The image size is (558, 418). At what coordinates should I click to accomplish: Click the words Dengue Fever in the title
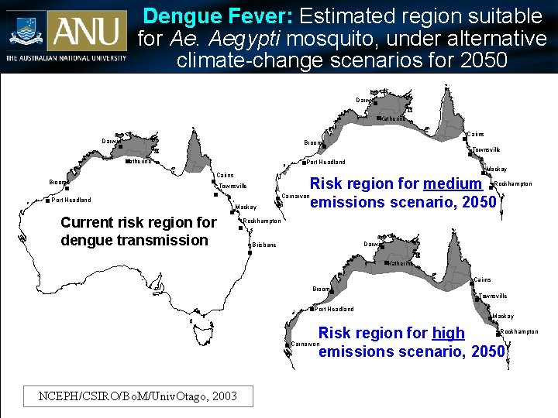(219, 15)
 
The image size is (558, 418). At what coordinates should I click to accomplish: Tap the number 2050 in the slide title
(477, 60)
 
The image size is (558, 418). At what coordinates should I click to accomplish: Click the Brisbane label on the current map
(264, 245)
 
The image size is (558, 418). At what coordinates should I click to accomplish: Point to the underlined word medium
(453, 183)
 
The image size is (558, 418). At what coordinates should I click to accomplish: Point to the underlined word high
(448, 333)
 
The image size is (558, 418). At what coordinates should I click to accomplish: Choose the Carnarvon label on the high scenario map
(305, 344)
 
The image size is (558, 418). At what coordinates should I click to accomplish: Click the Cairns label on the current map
(225, 175)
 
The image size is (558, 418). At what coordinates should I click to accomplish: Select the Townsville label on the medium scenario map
(486, 149)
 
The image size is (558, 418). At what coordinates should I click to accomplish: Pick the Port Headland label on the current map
(71, 200)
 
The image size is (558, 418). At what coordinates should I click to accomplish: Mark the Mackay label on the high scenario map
(503, 317)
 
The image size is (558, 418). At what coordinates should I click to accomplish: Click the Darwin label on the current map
(112, 141)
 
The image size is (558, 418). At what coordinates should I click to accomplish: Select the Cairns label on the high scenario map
(481, 279)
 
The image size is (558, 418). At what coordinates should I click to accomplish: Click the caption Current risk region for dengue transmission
(138, 231)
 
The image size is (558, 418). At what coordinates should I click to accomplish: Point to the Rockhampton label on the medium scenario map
(513, 183)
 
